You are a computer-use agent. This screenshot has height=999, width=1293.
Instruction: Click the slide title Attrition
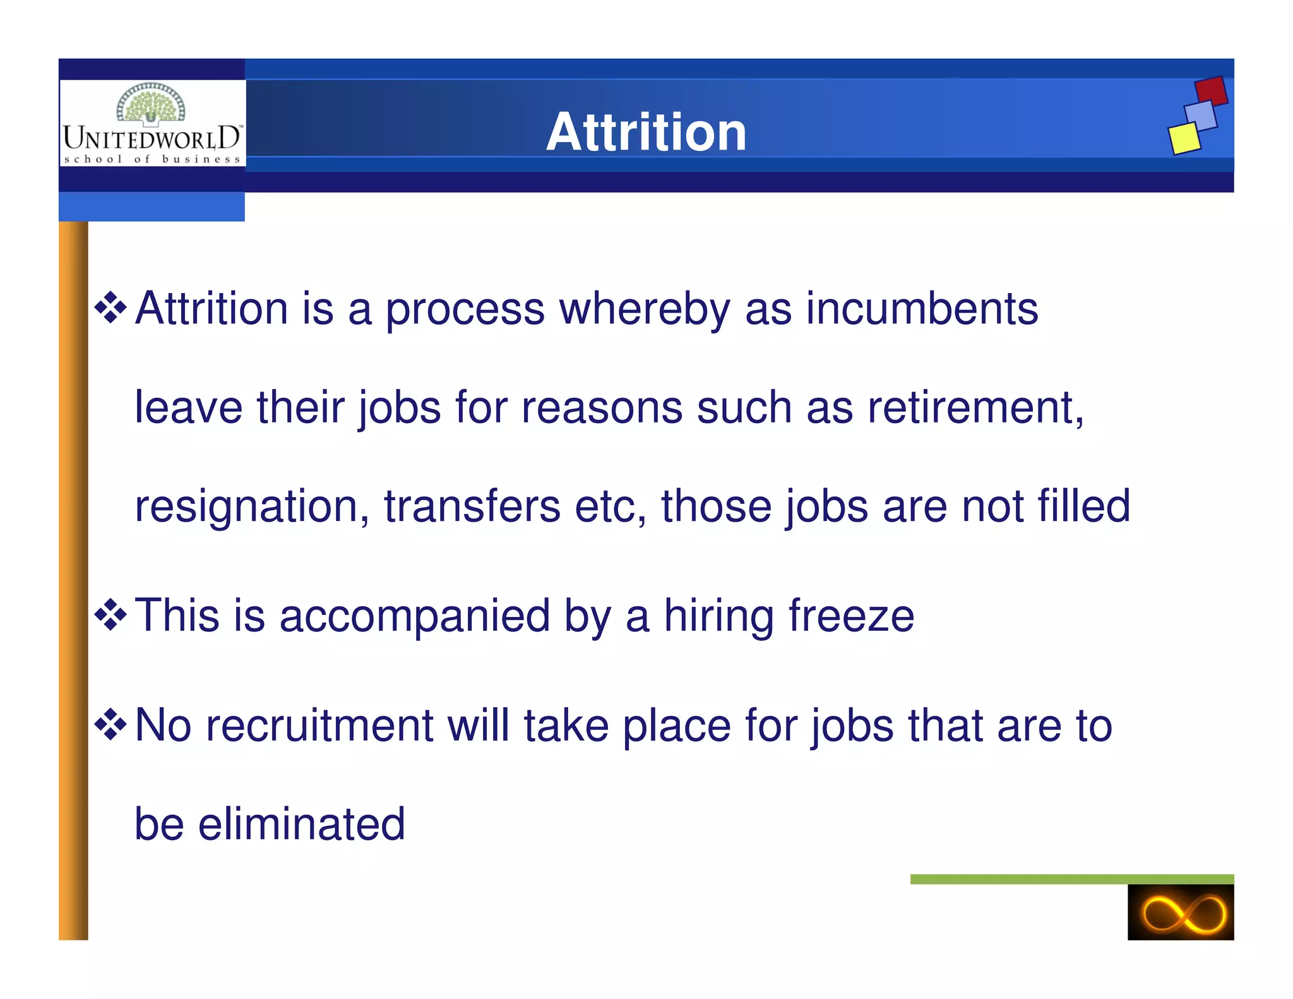click(646, 132)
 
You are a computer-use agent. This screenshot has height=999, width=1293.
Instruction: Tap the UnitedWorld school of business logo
click(152, 124)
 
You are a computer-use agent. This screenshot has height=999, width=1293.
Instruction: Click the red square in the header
click(1211, 91)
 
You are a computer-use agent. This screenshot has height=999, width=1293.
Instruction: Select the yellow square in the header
click(1184, 138)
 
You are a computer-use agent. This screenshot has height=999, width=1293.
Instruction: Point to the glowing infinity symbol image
click(1180, 912)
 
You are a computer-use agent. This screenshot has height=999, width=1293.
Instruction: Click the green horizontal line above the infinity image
click(1071, 879)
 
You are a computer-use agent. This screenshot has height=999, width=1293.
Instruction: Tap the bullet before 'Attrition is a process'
click(110, 308)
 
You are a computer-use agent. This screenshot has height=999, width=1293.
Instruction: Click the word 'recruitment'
click(319, 725)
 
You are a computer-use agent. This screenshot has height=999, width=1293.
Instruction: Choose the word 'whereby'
click(645, 309)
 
